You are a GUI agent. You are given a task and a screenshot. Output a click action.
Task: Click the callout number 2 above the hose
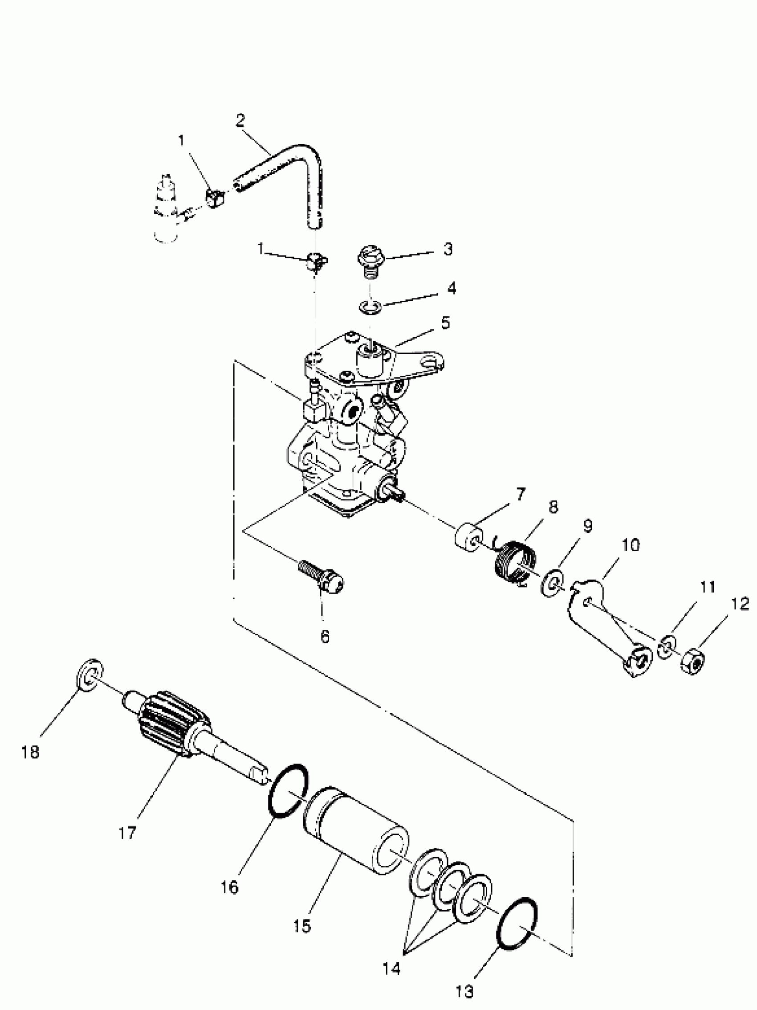point(240,121)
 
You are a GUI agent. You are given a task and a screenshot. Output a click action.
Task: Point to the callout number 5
point(445,323)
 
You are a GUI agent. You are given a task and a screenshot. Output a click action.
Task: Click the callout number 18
point(30,752)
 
